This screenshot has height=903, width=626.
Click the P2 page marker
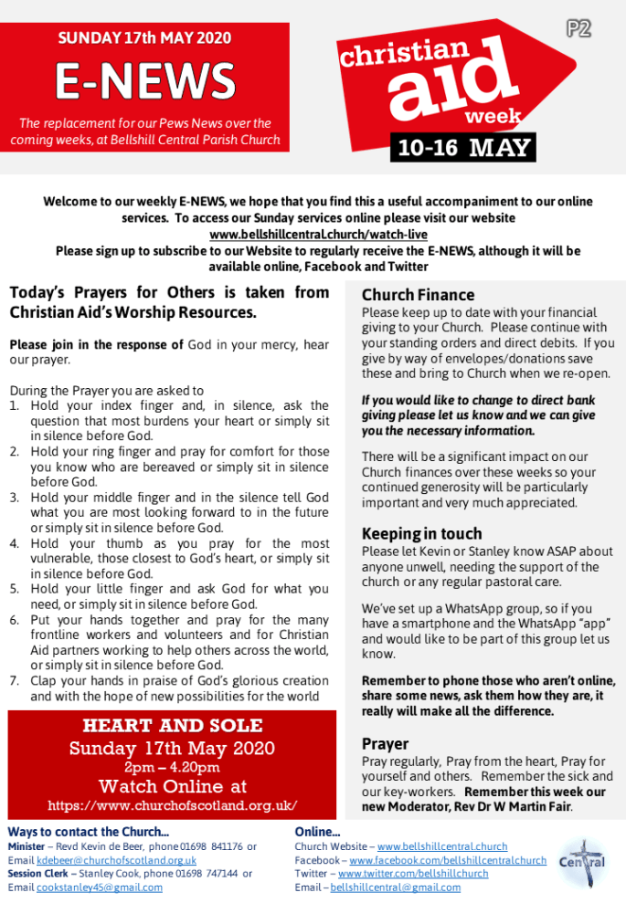point(578,28)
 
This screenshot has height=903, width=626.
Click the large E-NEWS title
point(144,82)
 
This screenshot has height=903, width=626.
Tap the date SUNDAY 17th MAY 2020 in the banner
point(144,38)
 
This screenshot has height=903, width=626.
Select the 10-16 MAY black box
point(462,148)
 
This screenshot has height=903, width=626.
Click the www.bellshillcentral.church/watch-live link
point(313,235)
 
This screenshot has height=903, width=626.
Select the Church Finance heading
point(418,295)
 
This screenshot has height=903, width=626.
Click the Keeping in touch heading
point(421,533)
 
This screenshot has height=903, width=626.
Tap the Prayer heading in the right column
point(385,743)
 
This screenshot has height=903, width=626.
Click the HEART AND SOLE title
point(172,726)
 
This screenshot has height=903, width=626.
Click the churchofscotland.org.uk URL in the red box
point(172,805)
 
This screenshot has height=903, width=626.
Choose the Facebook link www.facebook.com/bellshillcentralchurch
point(448,860)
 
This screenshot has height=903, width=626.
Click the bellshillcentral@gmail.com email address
point(396,887)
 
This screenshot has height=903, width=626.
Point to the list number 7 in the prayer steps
point(14,680)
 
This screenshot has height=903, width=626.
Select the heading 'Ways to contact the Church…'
point(88,832)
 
